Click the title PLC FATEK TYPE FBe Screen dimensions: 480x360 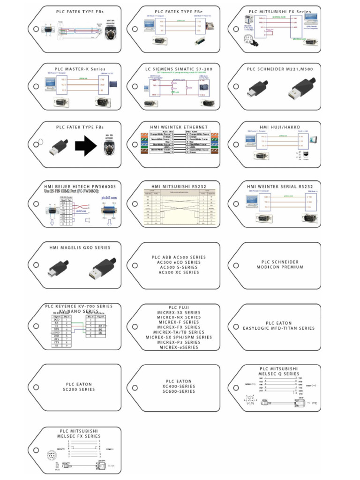pyautogui.click(x=178, y=11)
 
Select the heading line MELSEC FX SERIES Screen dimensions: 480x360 pyautogui.click(x=80, y=436)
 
